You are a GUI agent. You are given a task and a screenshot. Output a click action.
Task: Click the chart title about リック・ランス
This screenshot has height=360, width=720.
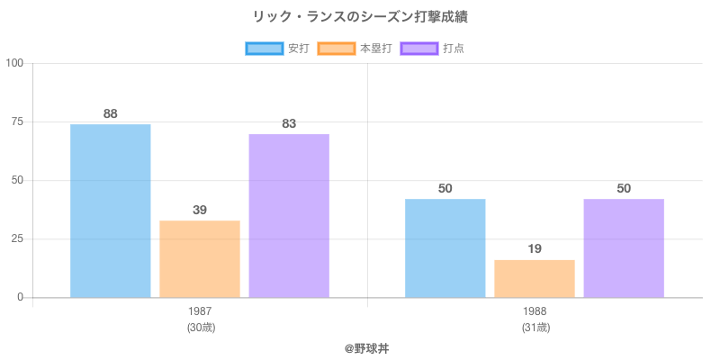tap(360, 17)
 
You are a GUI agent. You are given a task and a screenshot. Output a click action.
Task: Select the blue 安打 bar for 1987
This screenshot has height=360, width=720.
tap(110, 211)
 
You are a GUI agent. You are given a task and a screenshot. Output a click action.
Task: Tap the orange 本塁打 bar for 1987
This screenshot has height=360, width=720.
tap(200, 259)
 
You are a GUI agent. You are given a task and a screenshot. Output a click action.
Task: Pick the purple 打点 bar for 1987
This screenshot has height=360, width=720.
tap(289, 216)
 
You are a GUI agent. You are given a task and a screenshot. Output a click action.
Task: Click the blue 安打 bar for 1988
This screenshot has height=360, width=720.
tap(445, 248)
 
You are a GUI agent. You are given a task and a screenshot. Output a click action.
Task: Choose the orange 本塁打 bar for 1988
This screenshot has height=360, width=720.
tap(535, 279)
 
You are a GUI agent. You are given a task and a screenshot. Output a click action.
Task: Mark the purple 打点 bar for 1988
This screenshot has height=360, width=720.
tap(624, 248)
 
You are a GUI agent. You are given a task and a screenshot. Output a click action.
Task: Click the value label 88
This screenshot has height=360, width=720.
tap(110, 113)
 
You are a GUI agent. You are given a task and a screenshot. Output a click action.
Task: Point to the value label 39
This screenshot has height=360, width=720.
tap(200, 210)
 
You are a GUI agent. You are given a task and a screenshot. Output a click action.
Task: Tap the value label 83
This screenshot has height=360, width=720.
tap(289, 123)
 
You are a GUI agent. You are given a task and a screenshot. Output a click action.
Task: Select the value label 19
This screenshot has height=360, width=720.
tap(535, 248)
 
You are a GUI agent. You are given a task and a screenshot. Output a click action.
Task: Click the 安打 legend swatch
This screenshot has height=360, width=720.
tap(264, 49)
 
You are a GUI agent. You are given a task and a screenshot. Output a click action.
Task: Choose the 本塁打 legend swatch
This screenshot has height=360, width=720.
tap(336, 49)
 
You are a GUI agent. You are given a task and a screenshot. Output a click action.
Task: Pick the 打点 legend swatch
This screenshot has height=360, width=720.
tap(419, 49)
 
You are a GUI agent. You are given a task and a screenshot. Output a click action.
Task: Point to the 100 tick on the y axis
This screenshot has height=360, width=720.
tap(14, 63)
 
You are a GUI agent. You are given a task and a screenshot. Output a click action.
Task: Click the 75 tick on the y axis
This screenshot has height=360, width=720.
tap(17, 121)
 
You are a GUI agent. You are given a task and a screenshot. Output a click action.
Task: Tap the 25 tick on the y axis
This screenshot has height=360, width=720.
tap(17, 238)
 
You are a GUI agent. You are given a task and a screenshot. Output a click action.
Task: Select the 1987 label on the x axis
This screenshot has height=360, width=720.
tap(200, 311)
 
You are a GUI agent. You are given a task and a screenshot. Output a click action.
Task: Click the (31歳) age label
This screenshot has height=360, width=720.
tap(535, 328)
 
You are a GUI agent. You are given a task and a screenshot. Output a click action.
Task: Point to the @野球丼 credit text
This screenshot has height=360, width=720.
tap(360, 347)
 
